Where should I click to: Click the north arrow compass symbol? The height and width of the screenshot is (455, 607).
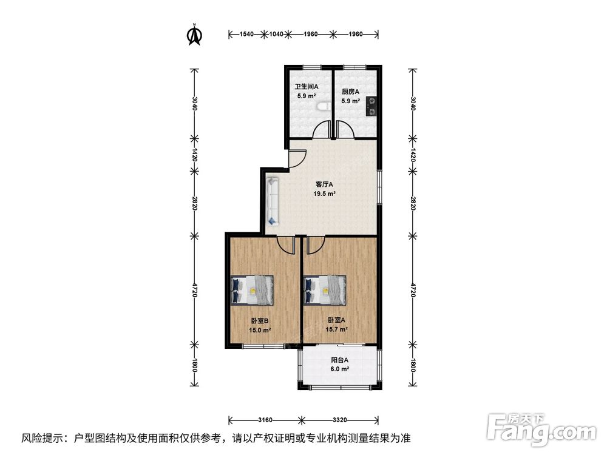195,35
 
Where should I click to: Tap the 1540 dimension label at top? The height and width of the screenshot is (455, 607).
246,34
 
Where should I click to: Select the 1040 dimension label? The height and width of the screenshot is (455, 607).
276,34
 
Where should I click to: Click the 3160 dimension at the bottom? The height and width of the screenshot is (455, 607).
265,420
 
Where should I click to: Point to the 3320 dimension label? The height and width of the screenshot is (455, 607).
339,420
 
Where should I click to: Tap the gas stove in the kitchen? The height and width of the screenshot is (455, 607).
371,106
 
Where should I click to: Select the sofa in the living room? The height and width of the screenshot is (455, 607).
273,200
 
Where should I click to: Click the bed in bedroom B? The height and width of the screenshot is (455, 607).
252,290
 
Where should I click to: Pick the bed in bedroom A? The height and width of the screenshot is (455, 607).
325,290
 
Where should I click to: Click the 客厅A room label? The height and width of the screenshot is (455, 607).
324,184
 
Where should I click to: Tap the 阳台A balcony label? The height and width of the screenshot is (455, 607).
340,360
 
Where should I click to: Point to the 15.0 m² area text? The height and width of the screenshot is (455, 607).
260,331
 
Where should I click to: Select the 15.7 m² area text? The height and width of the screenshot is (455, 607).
336,329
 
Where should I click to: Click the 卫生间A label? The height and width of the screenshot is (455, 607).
307,87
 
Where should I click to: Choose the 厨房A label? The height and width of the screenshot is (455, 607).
350,92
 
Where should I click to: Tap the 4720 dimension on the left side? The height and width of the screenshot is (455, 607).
194,290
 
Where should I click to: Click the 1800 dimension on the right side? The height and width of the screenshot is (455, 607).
413,366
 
